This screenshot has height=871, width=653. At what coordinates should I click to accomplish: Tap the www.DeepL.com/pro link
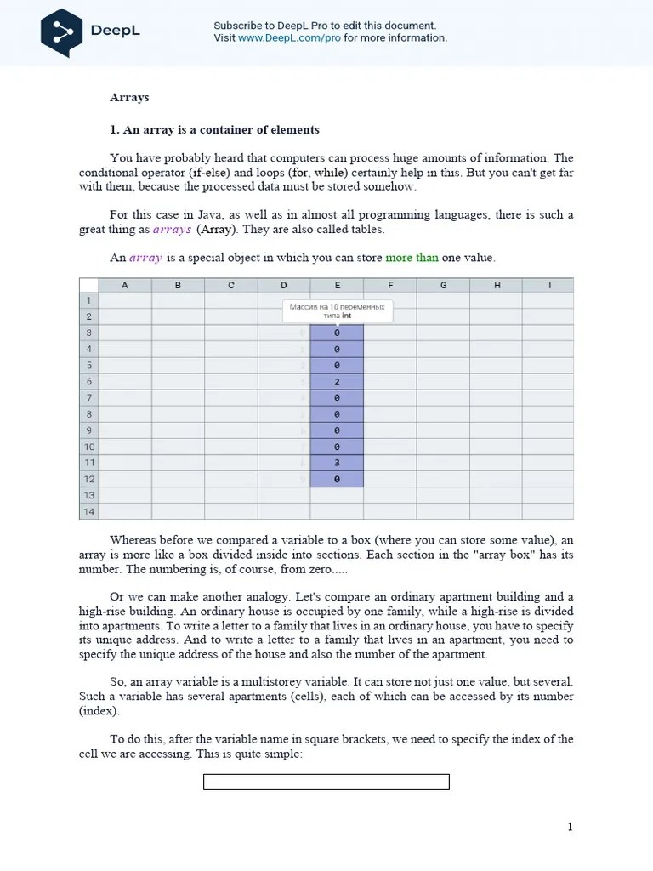[x=289, y=38]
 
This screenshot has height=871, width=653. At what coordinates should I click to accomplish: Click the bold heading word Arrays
[x=129, y=97]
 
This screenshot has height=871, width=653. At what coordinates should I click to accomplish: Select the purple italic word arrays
[x=172, y=230]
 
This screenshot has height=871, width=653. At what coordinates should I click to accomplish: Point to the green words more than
[x=412, y=258]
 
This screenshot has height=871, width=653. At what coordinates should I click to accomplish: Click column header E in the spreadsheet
[x=337, y=286]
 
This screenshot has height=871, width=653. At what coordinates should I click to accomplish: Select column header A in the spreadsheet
[x=125, y=286]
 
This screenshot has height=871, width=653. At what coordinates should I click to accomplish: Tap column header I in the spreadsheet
[x=549, y=286]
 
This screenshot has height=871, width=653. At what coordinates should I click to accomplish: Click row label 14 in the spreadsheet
[x=88, y=511]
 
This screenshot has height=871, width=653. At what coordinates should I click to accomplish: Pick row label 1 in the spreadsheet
[x=88, y=300]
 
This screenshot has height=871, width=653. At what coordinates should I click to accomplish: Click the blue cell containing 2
[x=337, y=382]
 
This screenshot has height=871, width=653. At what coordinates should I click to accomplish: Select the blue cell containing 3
[x=337, y=463]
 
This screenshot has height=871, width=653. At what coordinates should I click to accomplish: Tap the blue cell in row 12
[x=337, y=479]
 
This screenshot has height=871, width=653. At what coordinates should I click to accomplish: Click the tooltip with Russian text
[x=337, y=310]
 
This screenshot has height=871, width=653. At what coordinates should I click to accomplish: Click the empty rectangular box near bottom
[x=326, y=782]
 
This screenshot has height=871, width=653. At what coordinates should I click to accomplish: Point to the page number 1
[x=571, y=827]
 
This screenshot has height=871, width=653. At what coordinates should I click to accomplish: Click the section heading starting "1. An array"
[x=214, y=130]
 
